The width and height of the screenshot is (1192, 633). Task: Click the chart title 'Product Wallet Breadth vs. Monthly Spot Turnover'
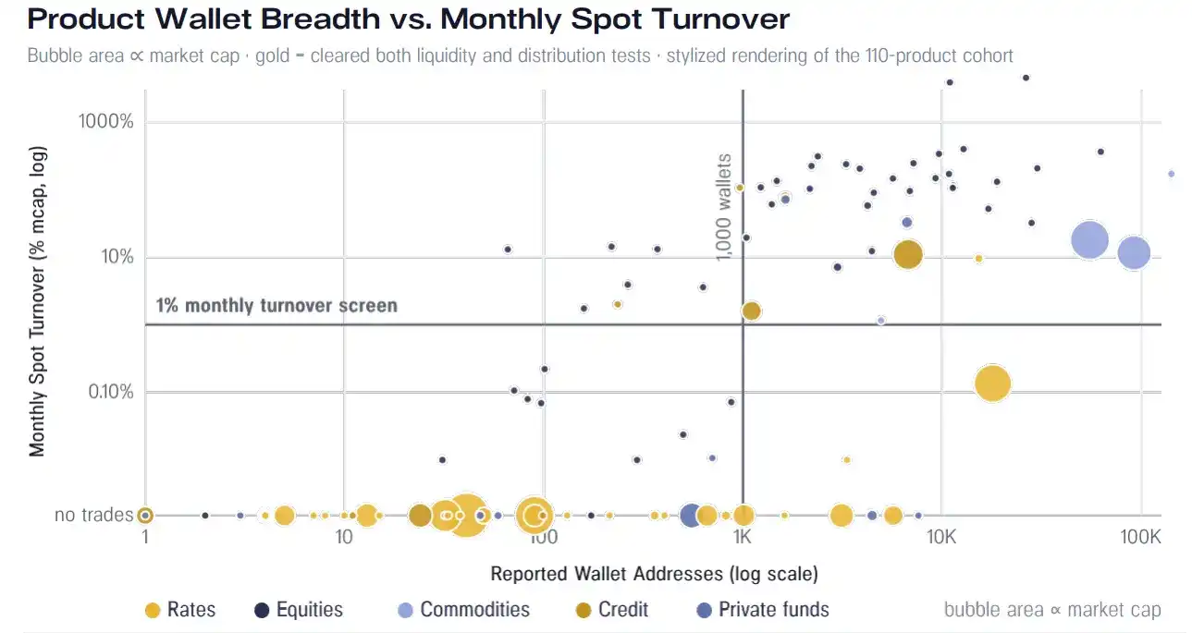pos(408,19)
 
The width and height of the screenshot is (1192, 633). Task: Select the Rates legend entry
pos(180,610)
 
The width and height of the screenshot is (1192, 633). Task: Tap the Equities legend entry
pos(299,610)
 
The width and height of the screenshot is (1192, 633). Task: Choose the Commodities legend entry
pos(464,610)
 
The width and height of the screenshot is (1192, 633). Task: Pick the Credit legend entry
pos(612,610)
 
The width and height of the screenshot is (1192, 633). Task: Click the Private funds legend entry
pos(763,610)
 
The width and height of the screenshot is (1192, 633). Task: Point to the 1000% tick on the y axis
pos(106,121)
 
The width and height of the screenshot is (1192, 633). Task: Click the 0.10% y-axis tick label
pos(111,392)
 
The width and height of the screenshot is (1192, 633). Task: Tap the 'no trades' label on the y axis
pos(93,515)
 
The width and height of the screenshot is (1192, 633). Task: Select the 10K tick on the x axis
pos(941,537)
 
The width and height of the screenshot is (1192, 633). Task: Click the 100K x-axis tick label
pos(1140,537)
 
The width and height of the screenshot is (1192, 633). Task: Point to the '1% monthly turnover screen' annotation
pos(276,305)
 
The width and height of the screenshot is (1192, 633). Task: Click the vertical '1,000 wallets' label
pos(724,207)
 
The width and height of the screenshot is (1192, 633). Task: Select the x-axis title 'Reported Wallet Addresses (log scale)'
pos(654,574)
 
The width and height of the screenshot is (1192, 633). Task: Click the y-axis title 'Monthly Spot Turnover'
pos(37,301)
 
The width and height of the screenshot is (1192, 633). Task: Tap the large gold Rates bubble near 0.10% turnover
pos(992,383)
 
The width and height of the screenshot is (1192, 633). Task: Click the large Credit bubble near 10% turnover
pos(908,255)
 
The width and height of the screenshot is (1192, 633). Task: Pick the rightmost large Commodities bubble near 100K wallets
pos(1134,253)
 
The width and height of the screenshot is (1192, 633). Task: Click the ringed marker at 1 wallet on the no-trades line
pos(145,515)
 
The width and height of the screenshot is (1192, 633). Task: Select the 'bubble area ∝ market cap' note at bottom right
pos(1052,610)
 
